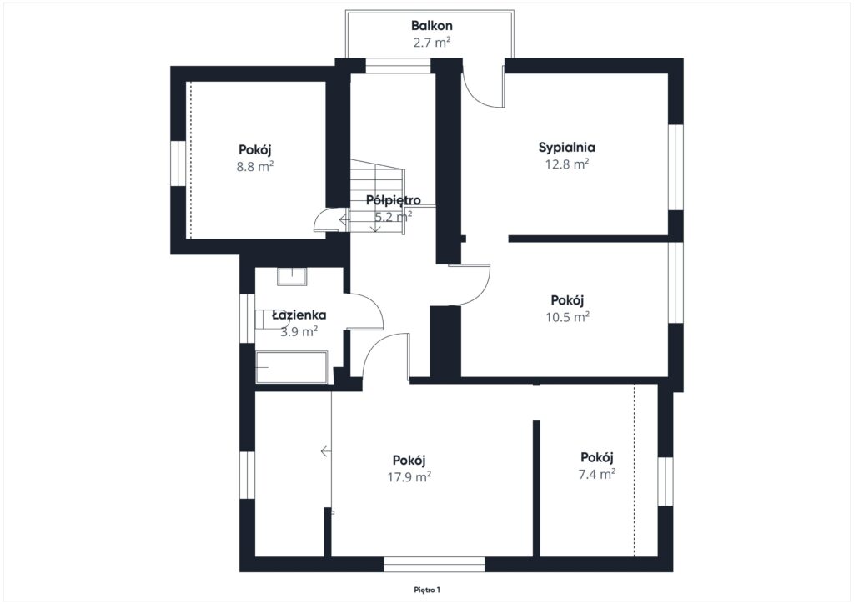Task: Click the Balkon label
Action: [x=431, y=26]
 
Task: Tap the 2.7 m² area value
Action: [x=431, y=42]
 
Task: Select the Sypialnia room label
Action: [x=566, y=148]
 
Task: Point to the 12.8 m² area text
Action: [x=566, y=164]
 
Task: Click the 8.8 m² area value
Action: [x=254, y=166]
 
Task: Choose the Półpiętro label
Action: [x=393, y=200]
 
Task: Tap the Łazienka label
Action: [x=299, y=315]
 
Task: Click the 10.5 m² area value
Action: [x=567, y=317]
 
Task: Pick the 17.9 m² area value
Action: [x=409, y=477]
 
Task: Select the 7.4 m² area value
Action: [x=597, y=474]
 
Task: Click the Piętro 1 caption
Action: [x=426, y=590]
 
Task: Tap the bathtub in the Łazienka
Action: [x=291, y=367]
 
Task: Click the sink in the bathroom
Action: [x=292, y=277]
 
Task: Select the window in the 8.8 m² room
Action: [x=178, y=164]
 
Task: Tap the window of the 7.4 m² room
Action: [x=665, y=481]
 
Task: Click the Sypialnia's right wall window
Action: [x=676, y=167]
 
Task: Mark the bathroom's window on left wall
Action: [x=247, y=319]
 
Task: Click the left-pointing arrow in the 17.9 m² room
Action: [x=326, y=451]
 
